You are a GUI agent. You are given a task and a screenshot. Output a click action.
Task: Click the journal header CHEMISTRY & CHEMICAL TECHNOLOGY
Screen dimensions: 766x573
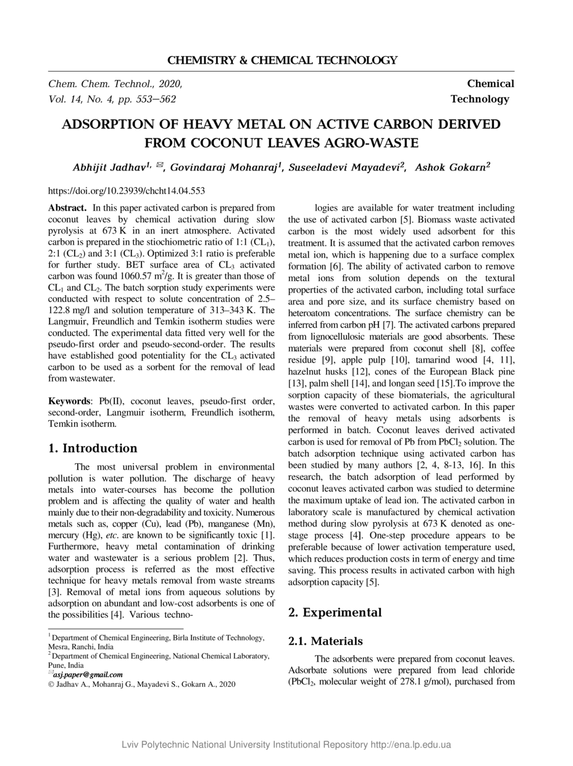click(x=282, y=60)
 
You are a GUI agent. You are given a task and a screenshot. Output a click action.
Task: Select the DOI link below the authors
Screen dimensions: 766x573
click(x=127, y=191)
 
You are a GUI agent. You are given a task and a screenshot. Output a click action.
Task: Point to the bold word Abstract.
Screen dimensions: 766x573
click(x=68, y=208)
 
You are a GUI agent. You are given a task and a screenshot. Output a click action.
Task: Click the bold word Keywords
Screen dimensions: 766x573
click(x=69, y=402)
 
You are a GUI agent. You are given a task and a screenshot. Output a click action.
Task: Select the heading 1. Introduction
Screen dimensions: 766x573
click(x=93, y=448)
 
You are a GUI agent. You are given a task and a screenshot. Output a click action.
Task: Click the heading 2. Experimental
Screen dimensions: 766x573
click(x=335, y=613)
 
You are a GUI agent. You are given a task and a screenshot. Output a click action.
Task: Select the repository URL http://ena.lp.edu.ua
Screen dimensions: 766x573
click(x=411, y=744)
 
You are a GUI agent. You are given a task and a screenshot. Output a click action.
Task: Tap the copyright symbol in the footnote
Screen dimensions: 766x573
click(x=51, y=684)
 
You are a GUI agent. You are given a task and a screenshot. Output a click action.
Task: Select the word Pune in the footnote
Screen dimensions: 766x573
click(x=57, y=665)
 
